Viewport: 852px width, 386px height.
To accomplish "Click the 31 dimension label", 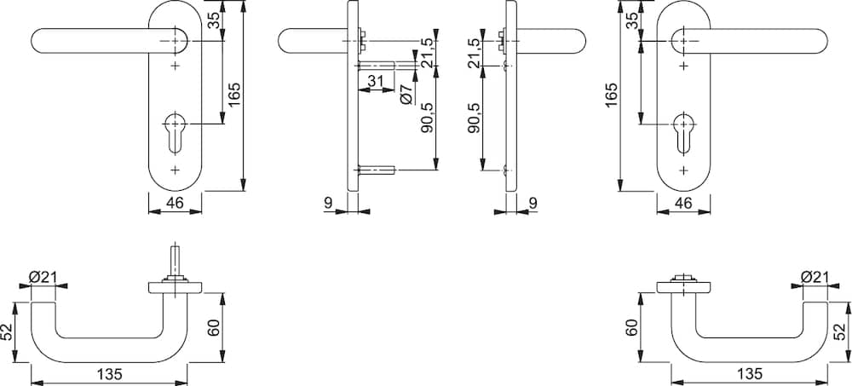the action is (x=376, y=81).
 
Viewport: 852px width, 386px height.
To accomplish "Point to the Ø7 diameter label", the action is (x=406, y=95).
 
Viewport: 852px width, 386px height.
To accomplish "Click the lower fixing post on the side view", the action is (x=376, y=170).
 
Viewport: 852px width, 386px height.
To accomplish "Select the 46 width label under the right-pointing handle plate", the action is (x=683, y=204).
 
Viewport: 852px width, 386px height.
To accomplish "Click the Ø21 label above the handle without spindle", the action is (x=814, y=277).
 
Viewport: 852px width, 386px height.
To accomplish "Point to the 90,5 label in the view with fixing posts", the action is (x=427, y=118).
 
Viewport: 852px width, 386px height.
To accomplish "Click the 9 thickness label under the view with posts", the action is (x=328, y=204).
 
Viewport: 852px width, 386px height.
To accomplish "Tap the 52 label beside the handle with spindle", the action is (x=8, y=332).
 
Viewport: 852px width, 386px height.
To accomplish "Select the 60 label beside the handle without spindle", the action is (x=630, y=328).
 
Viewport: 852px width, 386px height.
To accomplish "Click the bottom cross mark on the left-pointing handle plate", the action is (x=175, y=170).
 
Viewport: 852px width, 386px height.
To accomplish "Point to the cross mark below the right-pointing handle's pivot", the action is (x=683, y=66).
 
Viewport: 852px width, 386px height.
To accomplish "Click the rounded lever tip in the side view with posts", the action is (x=284, y=41).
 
